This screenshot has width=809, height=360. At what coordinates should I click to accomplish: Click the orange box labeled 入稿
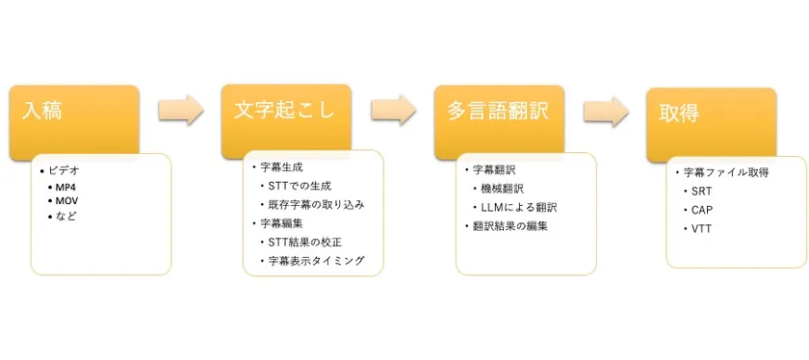[x=74, y=114]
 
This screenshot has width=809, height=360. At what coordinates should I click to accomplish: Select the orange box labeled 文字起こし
[x=285, y=114]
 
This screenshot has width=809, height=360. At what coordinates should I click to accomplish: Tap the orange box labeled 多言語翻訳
[x=498, y=114]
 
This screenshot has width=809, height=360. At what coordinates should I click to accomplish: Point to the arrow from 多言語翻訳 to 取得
[x=606, y=112]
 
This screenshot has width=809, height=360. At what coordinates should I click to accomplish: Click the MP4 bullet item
[x=65, y=186]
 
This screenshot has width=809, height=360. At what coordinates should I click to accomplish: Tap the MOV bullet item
[x=65, y=200]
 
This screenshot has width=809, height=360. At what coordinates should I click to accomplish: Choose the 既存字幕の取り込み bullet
[x=317, y=204]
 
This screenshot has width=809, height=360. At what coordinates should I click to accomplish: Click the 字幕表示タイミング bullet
[x=317, y=261]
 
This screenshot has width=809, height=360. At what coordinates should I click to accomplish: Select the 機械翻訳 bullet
[x=506, y=188]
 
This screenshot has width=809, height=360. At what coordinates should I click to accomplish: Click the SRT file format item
[x=701, y=191]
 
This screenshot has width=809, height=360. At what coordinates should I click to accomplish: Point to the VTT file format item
[x=701, y=228]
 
